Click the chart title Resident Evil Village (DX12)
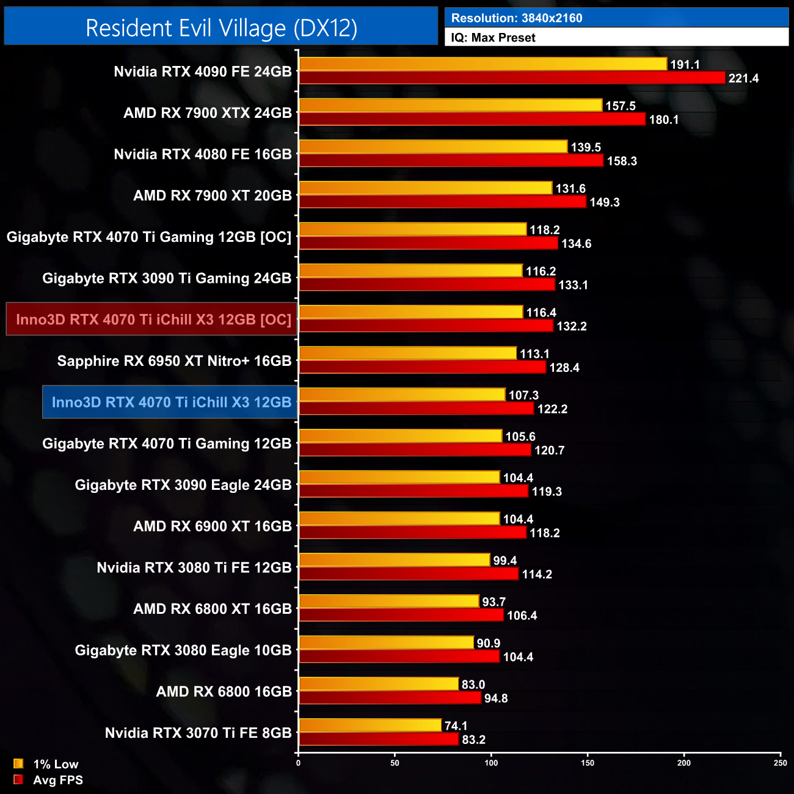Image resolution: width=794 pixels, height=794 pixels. pyautogui.click(x=221, y=28)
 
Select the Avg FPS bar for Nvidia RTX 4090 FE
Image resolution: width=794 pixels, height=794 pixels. pyautogui.click(x=512, y=78)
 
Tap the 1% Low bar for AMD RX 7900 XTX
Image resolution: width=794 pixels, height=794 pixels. pyautogui.click(x=450, y=106)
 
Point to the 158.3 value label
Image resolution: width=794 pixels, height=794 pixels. pyautogui.click(x=622, y=161)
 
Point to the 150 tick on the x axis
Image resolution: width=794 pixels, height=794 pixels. pyautogui.click(x=588, y=763)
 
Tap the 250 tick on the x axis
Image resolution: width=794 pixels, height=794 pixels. pyautogui.click(x=780, y=763)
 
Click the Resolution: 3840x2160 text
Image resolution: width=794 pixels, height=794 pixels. pyautogui.click(x=517, y=18)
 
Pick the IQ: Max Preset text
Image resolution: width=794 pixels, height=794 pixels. pyautogui.click(x=493, y=38)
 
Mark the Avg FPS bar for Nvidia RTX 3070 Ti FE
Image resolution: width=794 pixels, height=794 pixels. pyautogui.click(x=379, y=740)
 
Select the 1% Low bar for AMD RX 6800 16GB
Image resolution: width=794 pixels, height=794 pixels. pyautogui.click(x=379, y=684)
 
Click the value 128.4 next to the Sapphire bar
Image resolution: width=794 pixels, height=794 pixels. pyautogui.click(x=564, y=368)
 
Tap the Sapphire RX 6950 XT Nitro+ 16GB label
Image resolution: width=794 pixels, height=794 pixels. pyautogui.click(x=174, y=361)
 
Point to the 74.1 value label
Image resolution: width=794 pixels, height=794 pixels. pyautogui.click(x=456, y=726)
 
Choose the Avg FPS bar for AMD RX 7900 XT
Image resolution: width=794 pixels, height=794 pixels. pyautogui.click(x=442, y=202)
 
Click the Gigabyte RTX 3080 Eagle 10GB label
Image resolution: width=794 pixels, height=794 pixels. pyautogui.click(x=183, y=650)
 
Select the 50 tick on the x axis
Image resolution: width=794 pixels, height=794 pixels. pyautogui.click(x=395, y=763)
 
